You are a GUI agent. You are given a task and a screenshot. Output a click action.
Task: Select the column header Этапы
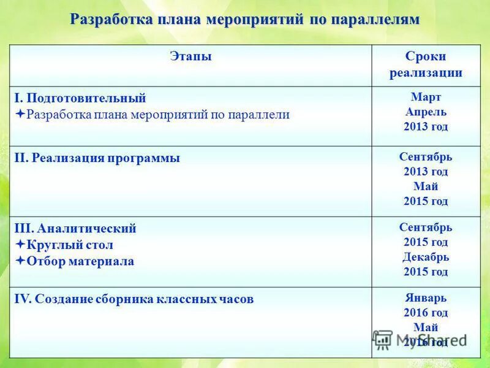[190, 56]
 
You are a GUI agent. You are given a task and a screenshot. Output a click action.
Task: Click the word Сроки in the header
[426, 56]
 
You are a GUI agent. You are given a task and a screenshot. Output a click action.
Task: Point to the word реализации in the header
[426, 73]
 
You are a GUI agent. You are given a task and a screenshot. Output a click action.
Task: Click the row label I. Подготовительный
[80, 98]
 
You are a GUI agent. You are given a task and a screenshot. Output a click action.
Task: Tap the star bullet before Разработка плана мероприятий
[20, 114]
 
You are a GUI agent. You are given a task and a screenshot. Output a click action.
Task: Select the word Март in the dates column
[426, 98]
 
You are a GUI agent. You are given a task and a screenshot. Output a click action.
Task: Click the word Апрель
[426, 112]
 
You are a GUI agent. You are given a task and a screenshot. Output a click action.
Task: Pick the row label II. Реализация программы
[97, 158]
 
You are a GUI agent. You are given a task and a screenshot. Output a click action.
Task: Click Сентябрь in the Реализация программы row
[426, 157]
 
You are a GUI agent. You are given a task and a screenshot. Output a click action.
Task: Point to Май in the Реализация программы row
[426, 186]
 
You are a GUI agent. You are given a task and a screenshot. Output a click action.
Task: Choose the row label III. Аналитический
[75, 229]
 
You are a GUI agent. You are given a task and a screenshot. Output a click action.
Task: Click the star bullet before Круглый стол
[20, 245]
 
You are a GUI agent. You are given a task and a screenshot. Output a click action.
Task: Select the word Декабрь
[426, 257]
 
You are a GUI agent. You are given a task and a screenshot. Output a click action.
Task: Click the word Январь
[426, 298]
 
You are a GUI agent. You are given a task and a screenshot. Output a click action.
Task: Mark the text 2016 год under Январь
[426, 313]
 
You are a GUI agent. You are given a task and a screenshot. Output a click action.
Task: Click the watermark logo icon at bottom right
[383, 339]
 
